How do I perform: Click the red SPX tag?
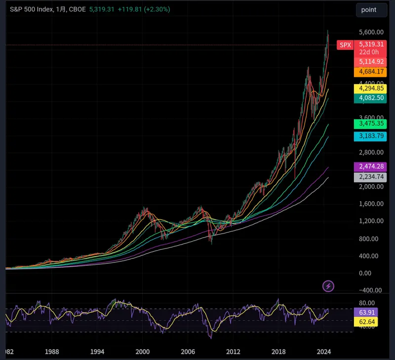[x=344, y=45]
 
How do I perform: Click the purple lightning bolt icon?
[x=328, y=286]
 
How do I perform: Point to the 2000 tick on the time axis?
[x=143, y=352]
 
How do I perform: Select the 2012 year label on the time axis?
[x=233, y=352]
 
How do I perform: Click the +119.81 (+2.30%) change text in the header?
[x=144, y=9]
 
